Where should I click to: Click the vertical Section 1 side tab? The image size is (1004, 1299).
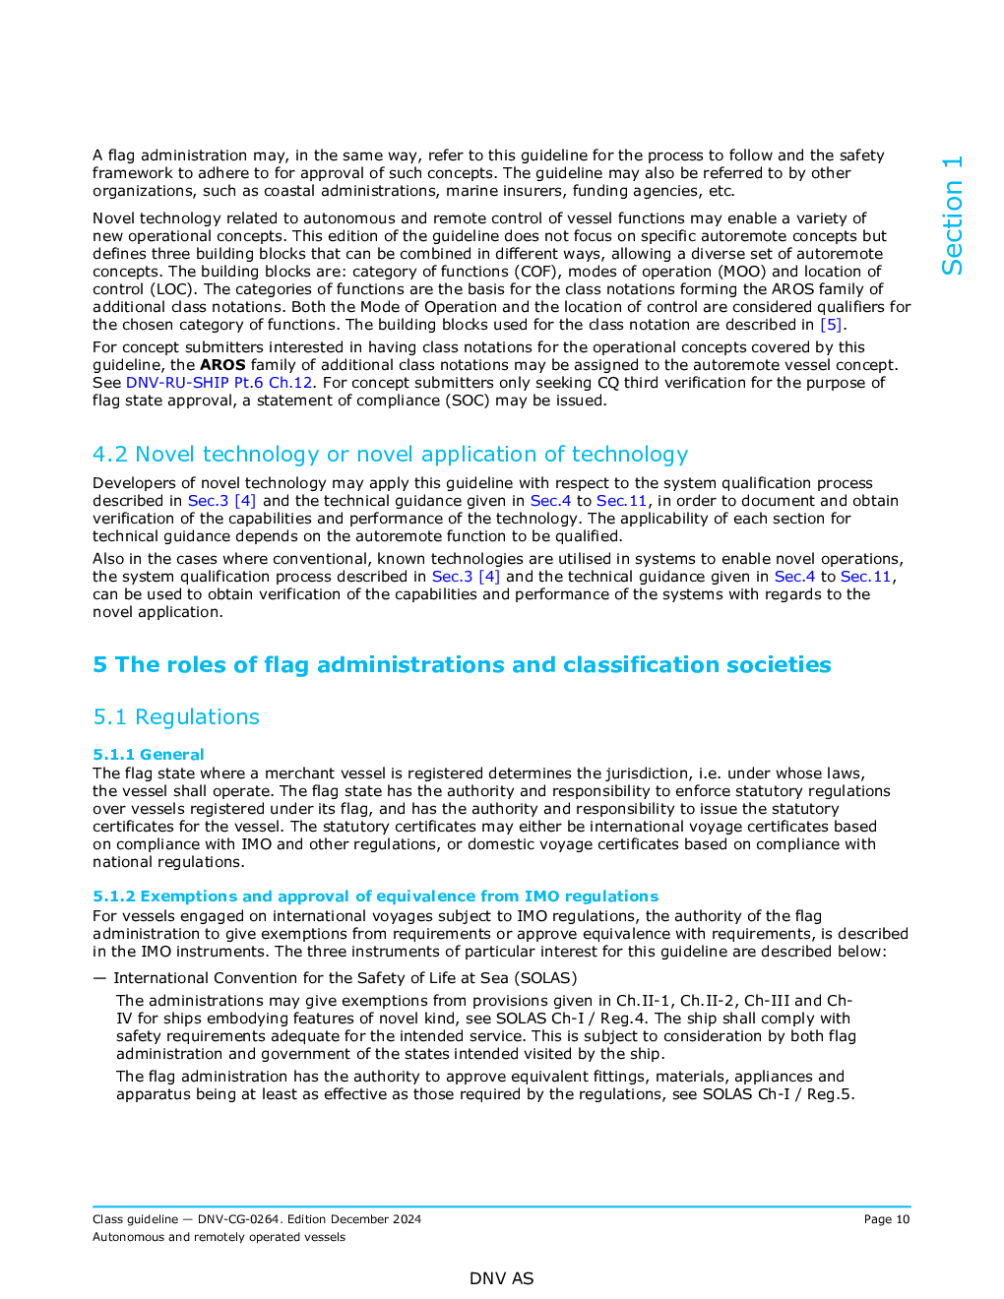pos(952,216)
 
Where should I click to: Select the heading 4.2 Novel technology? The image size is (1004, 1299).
pos(390,455)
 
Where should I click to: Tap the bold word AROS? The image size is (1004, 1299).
pos(222,365)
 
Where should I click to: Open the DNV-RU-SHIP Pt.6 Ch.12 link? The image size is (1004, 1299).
pos(219,383)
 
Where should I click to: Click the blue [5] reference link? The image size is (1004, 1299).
pos(831,325)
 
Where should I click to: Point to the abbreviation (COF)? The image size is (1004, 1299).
pos(540,272)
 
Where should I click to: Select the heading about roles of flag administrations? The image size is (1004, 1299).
pos(462,665)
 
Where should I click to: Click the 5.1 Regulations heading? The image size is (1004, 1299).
pos(176,717)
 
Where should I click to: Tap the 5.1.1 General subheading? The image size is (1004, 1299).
pos(149,755)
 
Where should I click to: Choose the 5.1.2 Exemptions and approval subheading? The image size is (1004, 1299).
pos(375,897)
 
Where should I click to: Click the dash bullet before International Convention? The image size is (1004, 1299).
pos(99,978)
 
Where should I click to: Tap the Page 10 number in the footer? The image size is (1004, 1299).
pos(886,1219)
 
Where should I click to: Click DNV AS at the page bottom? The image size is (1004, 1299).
pos(501,1278)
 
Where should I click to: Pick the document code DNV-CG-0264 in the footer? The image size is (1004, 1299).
pos(238,1219)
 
